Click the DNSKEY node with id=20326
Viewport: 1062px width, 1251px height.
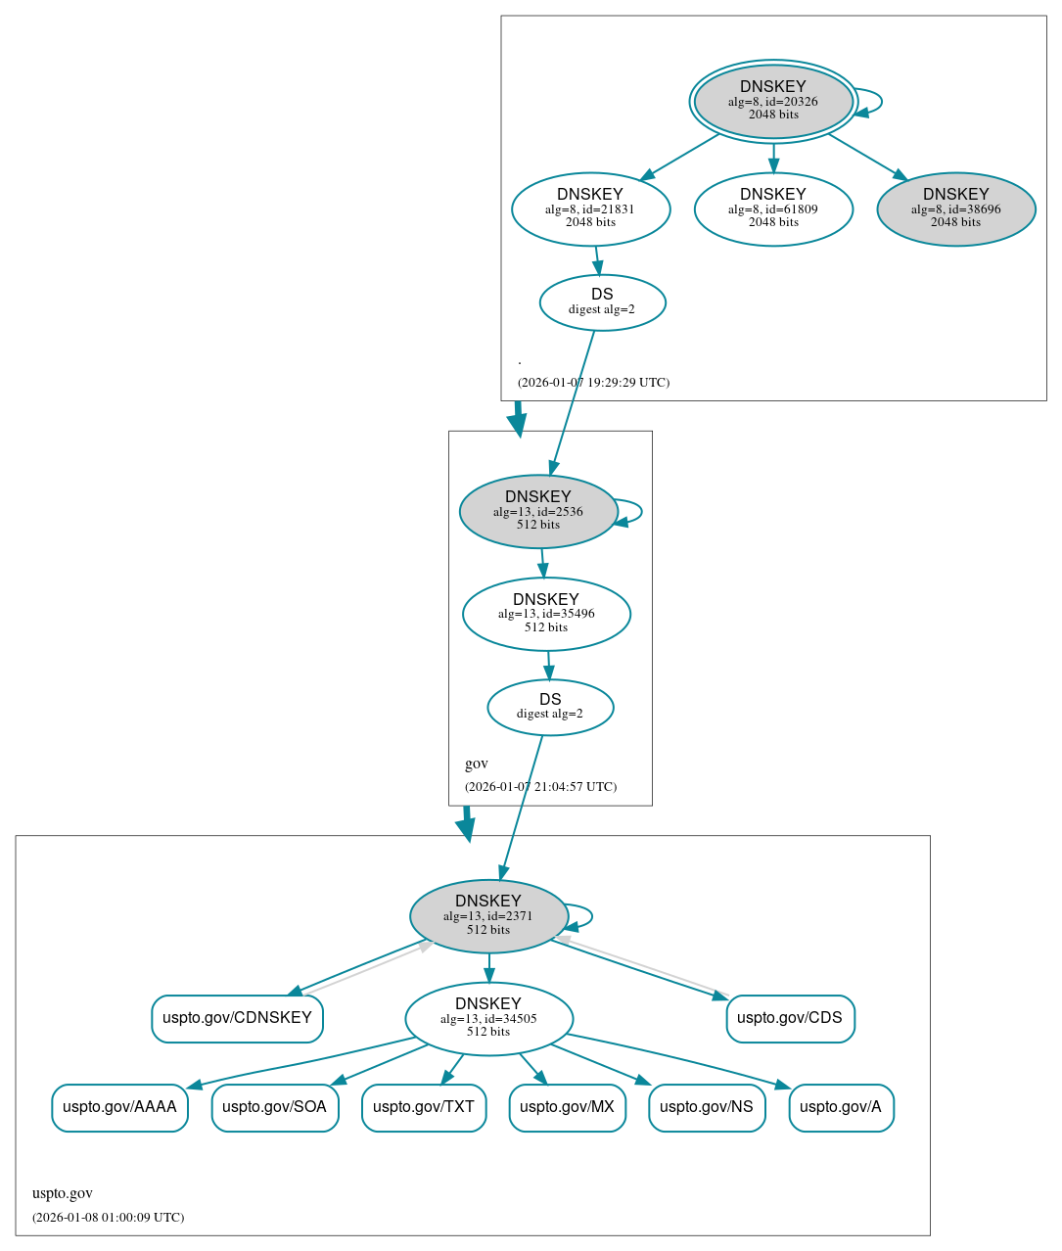(x=773, y=101)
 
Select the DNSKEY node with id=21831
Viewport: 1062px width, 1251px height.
(x=590, y=208)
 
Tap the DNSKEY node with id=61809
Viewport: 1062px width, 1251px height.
(x=773, y=208)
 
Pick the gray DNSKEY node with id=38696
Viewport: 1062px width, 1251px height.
(x=955, y=208)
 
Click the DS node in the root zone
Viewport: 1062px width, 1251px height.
(x=602, y=302)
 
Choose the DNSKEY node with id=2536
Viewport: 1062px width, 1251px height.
(x=538, y=511)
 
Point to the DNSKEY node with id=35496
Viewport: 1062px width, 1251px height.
(x=546, y=614)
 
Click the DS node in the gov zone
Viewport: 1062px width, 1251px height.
(x=550, y=707)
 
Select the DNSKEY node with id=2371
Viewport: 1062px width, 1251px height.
(x=488, y=916)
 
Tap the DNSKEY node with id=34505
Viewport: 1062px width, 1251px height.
(x=488, y=1019)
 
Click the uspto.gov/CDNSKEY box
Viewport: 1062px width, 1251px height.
(x=237, y=1018)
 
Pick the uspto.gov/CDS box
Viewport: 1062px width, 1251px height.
(x=790, y=1018)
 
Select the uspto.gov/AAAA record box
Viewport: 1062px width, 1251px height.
(x=119, y=1107)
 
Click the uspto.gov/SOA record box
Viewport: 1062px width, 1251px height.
(x=275, y=1107)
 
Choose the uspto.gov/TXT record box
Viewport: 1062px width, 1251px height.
(x=424, y=1107)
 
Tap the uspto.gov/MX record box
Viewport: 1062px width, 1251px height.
(x=567, y=1107)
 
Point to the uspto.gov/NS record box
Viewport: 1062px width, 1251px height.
(x=707, y=1107)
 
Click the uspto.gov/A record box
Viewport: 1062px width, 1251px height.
(x=841, y=1107)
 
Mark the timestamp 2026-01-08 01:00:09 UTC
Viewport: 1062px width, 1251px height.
(x=108, y=1218)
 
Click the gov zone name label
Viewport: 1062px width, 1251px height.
(x=477, y=764)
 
